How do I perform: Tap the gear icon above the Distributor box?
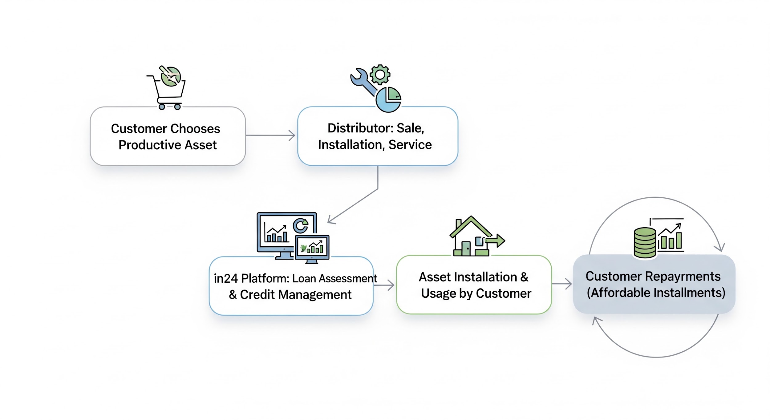pyautogui.click(x=380, y=75)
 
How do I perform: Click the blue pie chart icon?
pyautogui.click(x=388, y=99)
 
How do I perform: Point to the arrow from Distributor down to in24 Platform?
pyautogui.click(x=354, y=205)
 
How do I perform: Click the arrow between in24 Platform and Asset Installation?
pyautogui.click(x=384, y=285)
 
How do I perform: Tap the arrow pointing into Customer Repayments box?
pyautogui.click(x=562, y=284)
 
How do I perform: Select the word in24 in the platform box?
pyautogui.click(x=226, y=278)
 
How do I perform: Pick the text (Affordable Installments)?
pyautogui.click(x=656, y=293)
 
